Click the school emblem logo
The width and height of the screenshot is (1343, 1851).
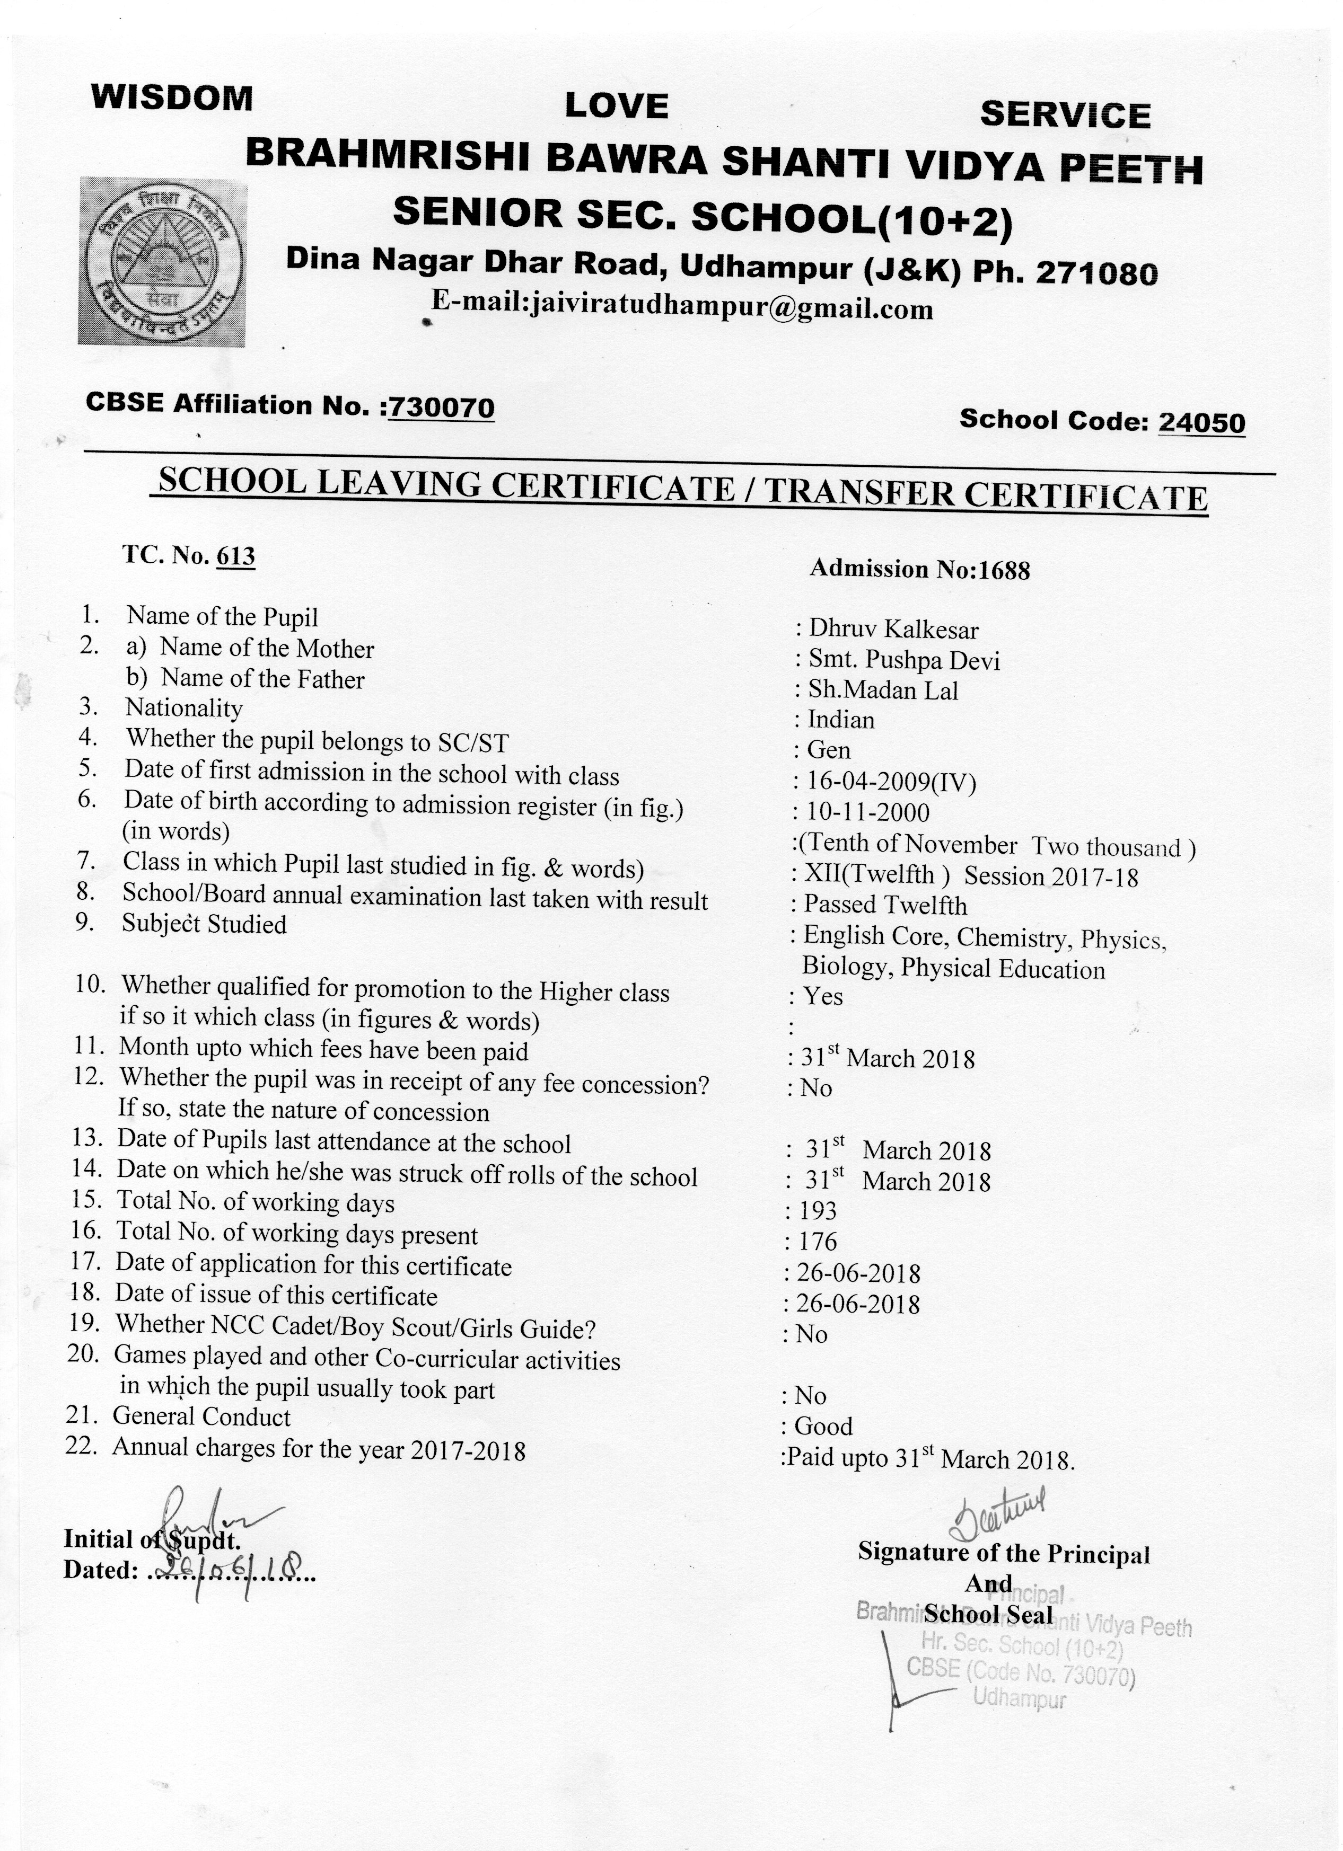point(162,261)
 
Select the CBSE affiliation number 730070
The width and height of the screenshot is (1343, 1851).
point(441,408)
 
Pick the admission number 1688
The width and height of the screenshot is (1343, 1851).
point(1004,570)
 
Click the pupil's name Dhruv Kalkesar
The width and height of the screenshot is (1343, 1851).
point(893,629)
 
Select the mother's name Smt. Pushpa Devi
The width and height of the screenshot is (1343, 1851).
point(904,660)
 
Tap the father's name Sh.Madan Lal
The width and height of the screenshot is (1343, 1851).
point(883,690)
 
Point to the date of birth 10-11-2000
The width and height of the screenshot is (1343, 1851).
point(868,812)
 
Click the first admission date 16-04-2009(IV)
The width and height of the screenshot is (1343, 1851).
point(891,782)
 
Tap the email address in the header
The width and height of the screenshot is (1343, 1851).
point(682,308)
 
